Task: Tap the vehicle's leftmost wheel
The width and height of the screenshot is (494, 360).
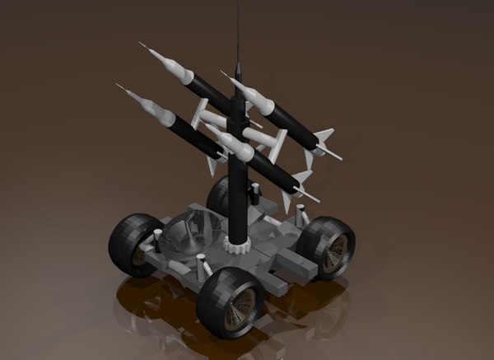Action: (x=135, y=244)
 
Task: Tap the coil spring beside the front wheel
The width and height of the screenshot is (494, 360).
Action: (x=202, y=267)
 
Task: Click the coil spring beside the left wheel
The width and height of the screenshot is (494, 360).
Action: (x=156, y=240)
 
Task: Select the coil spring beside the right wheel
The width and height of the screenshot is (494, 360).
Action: (x=302, y=216)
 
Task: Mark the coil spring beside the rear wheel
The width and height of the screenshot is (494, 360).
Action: (x=255, y=194)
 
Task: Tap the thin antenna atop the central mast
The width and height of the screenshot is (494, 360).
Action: (x=238, y=33)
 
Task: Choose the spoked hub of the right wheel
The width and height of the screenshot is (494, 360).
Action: (x=336, y=250)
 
